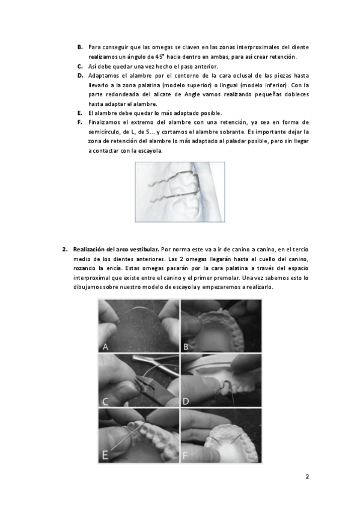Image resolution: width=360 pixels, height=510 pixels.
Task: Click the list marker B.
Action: [x=80, y=47]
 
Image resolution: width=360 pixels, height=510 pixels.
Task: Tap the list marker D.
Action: [x=81, y=76]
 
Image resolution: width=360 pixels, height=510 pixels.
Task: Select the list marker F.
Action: [x=80, y=122]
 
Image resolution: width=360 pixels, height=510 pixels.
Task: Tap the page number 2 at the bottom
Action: [x=307, y=477]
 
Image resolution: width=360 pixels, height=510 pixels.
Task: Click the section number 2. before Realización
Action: [x=65, y=250]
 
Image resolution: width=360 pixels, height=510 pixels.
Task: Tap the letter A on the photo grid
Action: [x=105, y=347]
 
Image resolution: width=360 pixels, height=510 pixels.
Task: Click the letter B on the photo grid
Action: [x=186, y=347]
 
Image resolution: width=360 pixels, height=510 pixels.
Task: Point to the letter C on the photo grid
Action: [x=105, y=401]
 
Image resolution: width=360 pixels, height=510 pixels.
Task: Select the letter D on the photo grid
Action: [x=186, y=401]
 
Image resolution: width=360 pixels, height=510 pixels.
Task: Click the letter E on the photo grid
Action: [x=105, y=455]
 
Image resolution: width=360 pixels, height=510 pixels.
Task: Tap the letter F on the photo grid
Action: [x=186, y=455]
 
